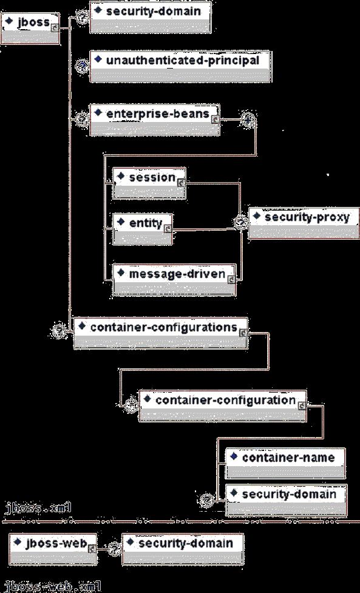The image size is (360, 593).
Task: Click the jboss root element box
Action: coord(30,29)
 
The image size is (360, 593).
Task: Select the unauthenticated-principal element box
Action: coord(180,66)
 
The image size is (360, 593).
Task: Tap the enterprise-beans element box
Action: coord(155,120)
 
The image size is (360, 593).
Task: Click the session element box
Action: coord(149,183)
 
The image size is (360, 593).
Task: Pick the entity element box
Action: coord(143,229)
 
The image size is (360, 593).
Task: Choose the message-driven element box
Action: coord(175,280)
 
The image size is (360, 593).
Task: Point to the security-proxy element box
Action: coord(304,223)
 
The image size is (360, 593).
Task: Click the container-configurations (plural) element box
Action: coord(161,333)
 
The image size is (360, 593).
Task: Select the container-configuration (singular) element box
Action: coord(223,406)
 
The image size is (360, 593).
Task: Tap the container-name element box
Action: coord(285,463)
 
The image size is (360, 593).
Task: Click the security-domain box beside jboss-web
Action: coord(183,549)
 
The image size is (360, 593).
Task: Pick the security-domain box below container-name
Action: coord(287,500)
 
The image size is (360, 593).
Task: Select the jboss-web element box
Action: coord(53,549)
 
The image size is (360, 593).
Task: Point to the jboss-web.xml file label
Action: coord(52,586)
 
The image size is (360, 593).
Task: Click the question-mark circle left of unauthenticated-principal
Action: coord(82,66)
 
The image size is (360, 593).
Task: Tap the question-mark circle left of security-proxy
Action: coord(240,223)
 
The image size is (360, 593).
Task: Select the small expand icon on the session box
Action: coord(181,183)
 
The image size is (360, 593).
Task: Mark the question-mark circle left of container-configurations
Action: coord(58,331)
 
